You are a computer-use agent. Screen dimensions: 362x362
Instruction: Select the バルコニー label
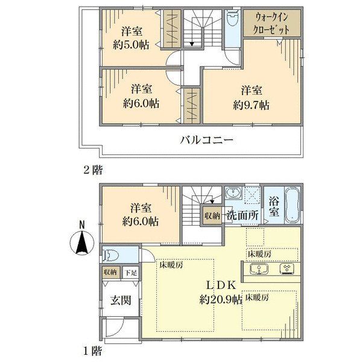[206, 141]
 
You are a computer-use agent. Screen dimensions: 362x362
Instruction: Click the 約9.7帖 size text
[250, 104]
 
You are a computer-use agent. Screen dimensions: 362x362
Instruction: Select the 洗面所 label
[243, 215]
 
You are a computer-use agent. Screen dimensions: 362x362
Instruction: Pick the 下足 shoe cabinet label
[131, 273]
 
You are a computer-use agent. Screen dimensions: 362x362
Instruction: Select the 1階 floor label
[92, 349]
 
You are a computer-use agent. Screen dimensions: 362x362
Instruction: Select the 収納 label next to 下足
[110, 273]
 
